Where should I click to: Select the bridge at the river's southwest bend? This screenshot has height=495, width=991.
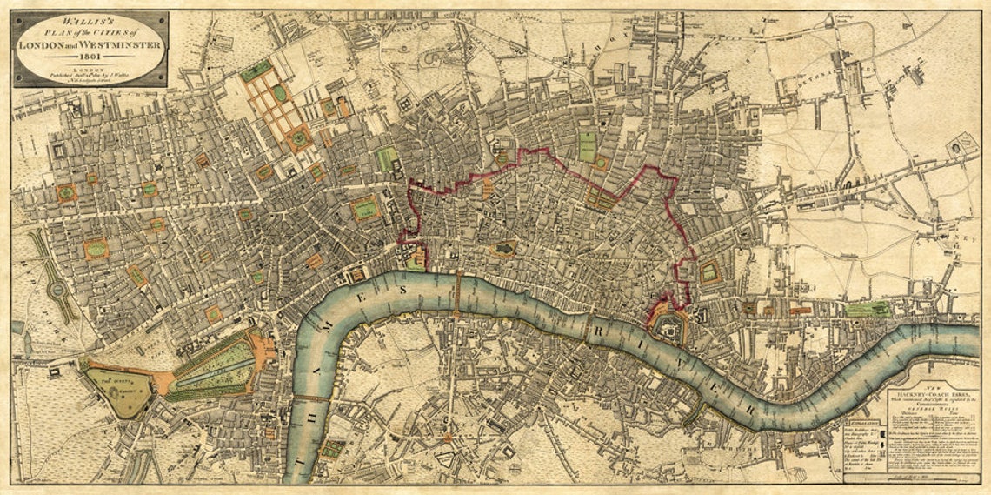(311, 398)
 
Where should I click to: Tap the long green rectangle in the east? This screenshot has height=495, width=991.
(867, 309)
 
